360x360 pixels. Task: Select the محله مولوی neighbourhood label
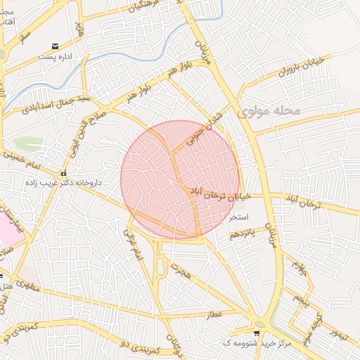coord(269,111)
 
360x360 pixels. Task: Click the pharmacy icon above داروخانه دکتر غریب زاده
coord(63,173)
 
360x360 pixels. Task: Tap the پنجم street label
coord(302,298)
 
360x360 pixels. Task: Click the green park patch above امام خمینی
coord(28,144)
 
